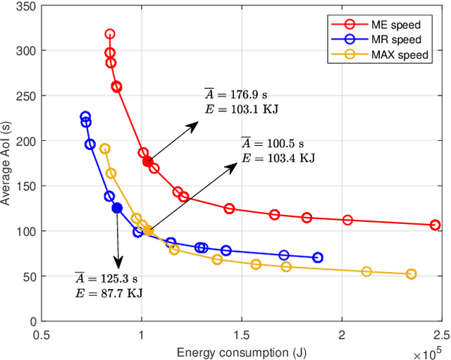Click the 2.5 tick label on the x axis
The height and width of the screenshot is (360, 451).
[441, 333]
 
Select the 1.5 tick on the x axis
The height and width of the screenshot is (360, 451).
[241, 333]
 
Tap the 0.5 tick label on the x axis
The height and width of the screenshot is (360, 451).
[42, 333]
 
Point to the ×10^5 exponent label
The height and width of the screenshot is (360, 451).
[428, 349]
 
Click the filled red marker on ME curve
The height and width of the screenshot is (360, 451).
[147, 161]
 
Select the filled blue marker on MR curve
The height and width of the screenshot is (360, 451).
[117, 208]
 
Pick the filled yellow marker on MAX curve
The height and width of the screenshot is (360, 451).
[148, 230]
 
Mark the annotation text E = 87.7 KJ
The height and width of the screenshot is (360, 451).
[109, 292]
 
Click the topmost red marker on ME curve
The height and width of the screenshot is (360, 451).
[110, 34]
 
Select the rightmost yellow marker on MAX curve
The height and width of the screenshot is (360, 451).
[412, 274]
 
